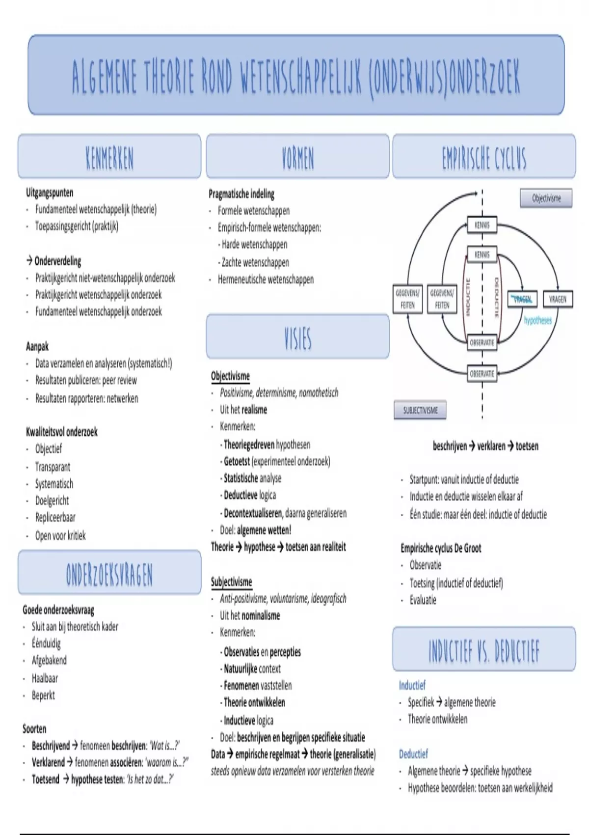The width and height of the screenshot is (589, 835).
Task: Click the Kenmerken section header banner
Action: (109, 156)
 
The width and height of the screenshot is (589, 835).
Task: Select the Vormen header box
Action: (297, 156)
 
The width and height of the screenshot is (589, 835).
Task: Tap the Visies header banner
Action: (297, 337)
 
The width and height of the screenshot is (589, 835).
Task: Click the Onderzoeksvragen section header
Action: (109, 573)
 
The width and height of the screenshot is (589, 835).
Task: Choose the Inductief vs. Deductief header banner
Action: (484, 649)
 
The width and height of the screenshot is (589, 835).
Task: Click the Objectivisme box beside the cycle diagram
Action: (546, 198)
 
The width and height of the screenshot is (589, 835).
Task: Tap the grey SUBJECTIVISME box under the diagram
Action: (420, 410)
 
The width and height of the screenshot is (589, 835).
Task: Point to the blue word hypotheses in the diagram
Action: (537, 320)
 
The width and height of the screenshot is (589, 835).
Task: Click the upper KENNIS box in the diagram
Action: (482, 225)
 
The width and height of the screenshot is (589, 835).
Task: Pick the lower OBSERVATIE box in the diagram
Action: (482, 373)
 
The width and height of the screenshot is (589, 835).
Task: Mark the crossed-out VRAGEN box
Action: (522, 299)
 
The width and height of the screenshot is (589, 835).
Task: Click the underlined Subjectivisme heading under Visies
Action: (231, 582)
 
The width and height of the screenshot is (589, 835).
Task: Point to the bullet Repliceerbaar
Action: (55, 517)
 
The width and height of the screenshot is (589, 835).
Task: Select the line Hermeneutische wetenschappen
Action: (266, 279)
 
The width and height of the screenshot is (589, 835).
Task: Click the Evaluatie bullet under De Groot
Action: (423, 600)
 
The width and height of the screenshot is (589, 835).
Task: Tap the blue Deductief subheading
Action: (413, 753)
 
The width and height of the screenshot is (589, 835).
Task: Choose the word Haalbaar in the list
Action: (45, 678)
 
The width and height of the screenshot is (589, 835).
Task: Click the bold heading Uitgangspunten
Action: (50, 193)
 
